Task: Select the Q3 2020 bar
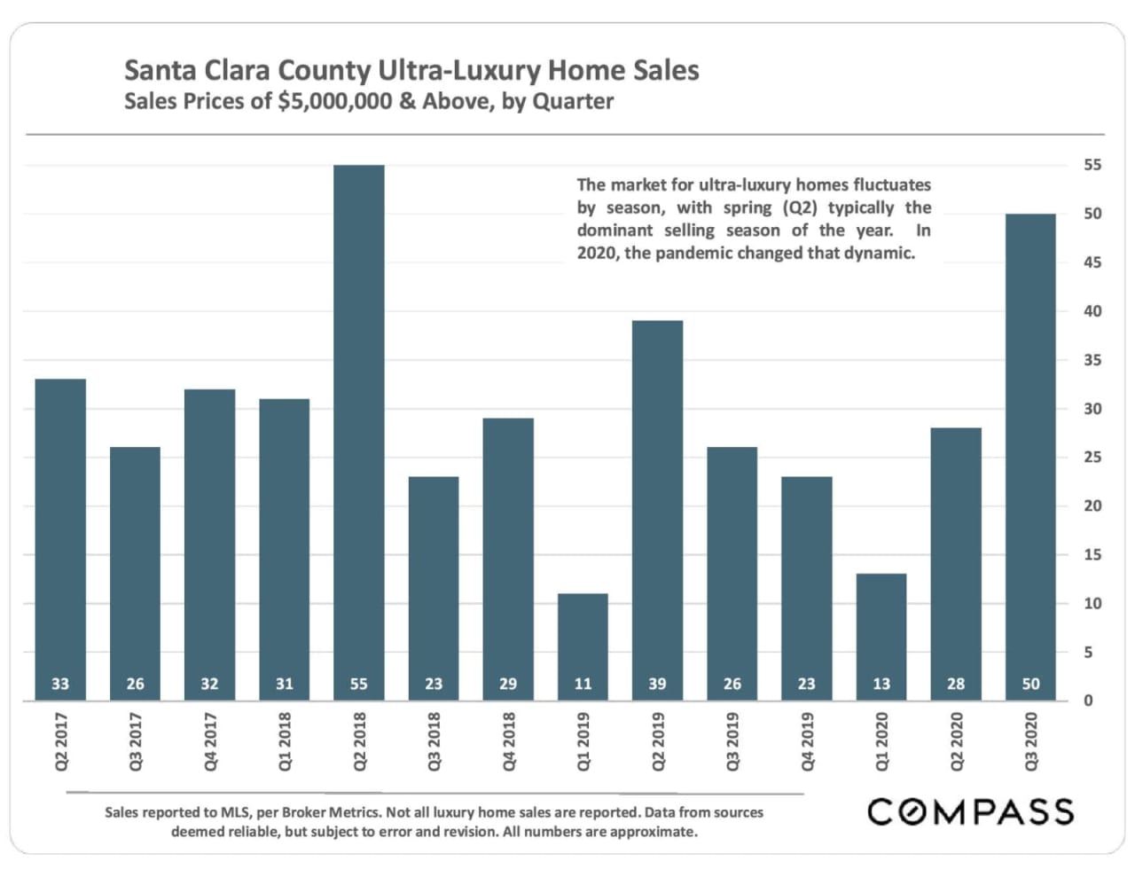coord(1030,443)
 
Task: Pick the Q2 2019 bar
coord(657,497)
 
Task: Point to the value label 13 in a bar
coord(881,684)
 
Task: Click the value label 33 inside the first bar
coord(60,684)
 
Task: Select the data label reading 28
coord(956,684)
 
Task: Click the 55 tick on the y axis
coord(1092,165)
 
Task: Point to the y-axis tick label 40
coord(1092,311)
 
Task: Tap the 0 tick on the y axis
coord(1088,701)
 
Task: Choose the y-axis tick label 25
coord(1092,458)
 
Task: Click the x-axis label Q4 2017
coord(210,741)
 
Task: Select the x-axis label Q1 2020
coord(881,741)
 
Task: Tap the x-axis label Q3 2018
coord(434,741)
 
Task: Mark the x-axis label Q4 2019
coord(807,741)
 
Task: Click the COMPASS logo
coord(970,811)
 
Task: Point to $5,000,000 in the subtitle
coord(334,101)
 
